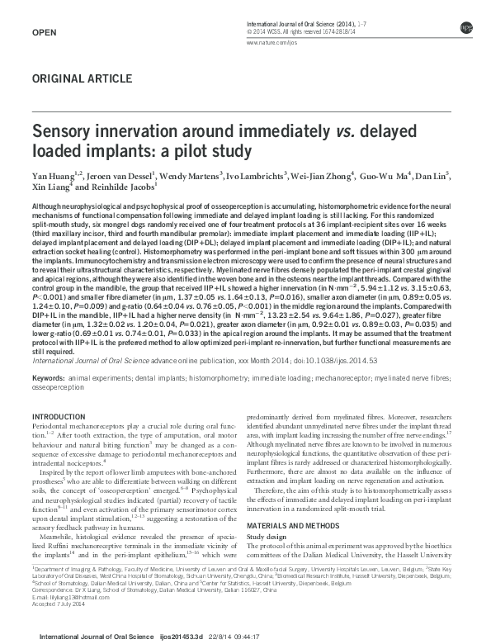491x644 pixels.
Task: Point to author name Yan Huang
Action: coord(50,176)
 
